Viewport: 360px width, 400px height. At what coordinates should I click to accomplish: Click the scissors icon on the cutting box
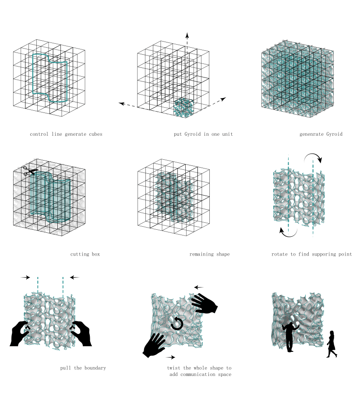30,171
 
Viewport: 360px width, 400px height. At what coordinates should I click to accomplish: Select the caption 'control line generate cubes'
66,134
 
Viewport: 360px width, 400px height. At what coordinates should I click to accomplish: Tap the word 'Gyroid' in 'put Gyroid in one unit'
194,134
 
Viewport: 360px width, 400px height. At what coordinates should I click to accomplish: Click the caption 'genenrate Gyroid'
321,134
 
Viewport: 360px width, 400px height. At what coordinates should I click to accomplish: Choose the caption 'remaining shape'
209,254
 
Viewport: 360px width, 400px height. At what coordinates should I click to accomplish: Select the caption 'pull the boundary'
83,368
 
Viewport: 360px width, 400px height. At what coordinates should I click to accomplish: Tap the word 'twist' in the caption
175,368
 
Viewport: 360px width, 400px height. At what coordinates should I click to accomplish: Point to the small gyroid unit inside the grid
184,108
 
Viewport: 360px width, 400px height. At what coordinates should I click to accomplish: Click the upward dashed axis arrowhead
187,35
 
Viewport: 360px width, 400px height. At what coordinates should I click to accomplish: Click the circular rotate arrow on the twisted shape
176,324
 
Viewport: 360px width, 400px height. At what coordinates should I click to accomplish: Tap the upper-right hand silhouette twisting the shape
204,303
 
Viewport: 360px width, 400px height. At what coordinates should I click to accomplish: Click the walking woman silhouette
332,344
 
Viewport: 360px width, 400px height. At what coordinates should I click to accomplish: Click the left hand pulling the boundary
20,334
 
